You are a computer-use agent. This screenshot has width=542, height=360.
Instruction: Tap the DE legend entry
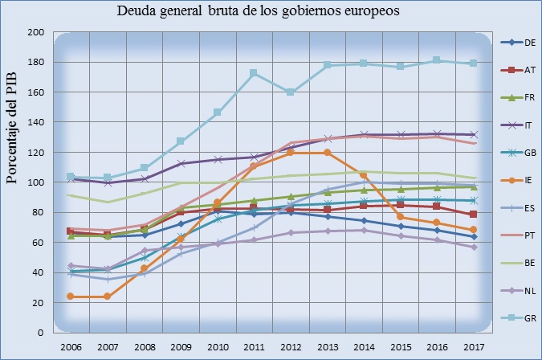(x=523, y=43)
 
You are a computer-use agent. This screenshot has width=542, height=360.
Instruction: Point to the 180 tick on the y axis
(x=35, y=63)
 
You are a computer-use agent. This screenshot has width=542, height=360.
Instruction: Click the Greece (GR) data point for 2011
(x=253, y=73)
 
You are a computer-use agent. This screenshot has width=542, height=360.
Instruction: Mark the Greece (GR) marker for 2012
(x=290, y=92)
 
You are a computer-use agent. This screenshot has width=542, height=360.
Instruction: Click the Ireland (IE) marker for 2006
(x=70, y=297)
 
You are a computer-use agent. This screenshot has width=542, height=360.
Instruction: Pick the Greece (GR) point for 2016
(x=437, y=60)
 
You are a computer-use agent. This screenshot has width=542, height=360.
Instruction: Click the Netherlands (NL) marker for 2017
(x=474, y=247)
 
